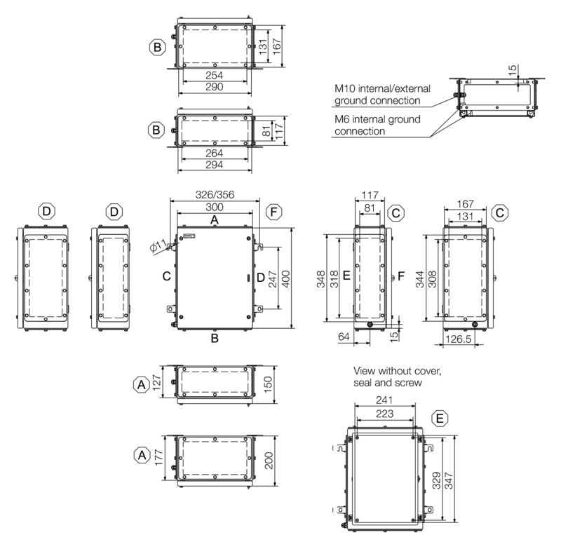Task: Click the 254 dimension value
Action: [x=215, y=75]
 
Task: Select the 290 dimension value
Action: [x=215, y=86]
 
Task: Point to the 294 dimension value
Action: [x=215, y=165]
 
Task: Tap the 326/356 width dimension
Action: [x=215, y=194]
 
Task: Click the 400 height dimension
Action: [x=286, y=279]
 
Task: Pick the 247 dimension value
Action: [x=273, y=279]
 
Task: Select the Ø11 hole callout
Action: [x=158, y=246]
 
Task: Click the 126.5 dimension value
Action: [x=459, y=339]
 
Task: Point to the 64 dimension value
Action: [x=344, y=336]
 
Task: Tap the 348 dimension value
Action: [x=321, y=279]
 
